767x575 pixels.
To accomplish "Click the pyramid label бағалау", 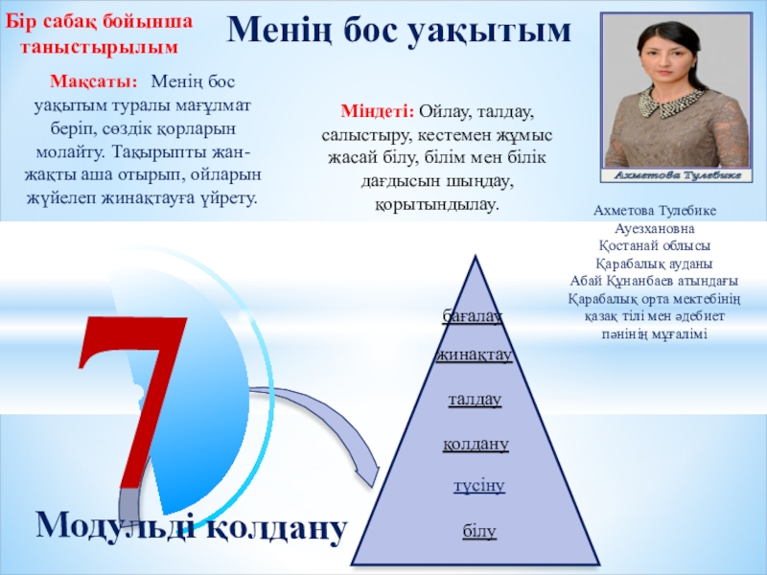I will (x=473, y=314).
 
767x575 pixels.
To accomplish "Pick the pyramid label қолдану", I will (x=476, y=444).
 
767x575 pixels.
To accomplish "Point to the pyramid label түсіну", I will (x=478, y=487).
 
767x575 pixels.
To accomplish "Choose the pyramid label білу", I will (x=478, y=530).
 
